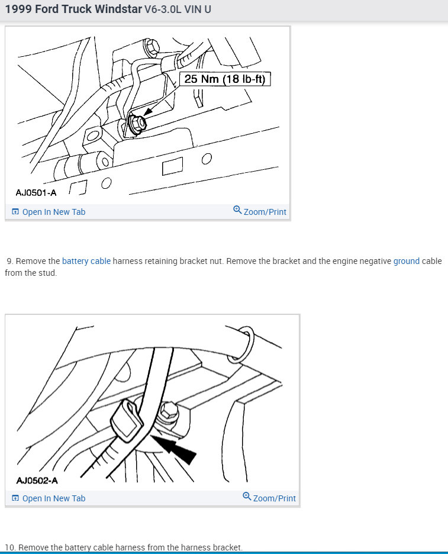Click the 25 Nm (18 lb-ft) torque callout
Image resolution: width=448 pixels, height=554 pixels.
[x=225, y=79]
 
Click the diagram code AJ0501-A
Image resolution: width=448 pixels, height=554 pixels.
[x=36, y=192]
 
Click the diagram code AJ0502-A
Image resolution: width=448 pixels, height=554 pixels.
[x=37, y=481]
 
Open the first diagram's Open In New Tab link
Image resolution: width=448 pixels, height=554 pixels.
[x=49, y=212]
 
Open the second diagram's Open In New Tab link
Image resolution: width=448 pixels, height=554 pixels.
[x=49, y=498]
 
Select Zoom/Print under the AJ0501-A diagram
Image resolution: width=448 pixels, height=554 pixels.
[x=260, y=211]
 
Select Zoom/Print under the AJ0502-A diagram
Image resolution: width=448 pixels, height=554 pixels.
[x=269, y=498]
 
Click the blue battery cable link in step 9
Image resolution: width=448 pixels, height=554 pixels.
[x=86, y=261]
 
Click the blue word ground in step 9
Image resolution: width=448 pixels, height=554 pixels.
[x=407, y=262]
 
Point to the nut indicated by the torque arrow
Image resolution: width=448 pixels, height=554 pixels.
[x=137, y=123]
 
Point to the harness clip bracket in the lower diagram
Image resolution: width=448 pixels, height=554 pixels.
[x=127, y=420]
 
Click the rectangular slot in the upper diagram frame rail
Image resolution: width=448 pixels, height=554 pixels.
[x=172, y=166]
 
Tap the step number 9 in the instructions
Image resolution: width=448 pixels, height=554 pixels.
[x=10, y=261]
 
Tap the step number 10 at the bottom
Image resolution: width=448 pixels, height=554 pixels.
[x=10, y=547]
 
